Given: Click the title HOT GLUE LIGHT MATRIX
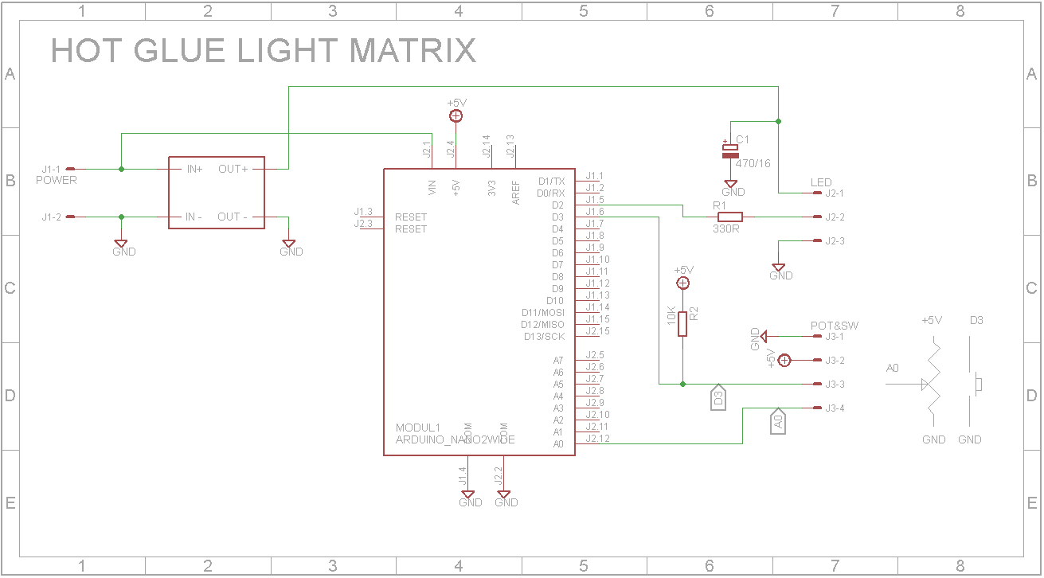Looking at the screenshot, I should click(263, 51).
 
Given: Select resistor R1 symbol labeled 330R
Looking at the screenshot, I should click(730, 217).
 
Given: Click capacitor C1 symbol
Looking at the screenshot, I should click(730, 150).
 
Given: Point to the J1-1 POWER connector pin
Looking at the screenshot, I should click(70, 169).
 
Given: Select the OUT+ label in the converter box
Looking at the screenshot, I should click(233, 169).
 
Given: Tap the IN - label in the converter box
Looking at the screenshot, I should click(194, 217).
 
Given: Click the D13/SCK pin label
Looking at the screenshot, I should click(544, 337).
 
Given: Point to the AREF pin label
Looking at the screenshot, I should click(516, 191).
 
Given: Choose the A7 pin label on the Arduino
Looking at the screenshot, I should click(558, 361).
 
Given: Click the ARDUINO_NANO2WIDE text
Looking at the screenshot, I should click(455, 439).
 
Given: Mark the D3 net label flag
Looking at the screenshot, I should click(718, 398).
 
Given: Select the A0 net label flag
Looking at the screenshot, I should click(778, 423).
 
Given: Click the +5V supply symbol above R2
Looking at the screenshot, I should click(682, 283).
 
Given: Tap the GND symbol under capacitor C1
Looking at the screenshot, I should click(731, 185).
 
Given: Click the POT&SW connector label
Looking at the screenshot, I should click(834, 326).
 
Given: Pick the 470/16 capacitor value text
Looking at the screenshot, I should click(752, 163).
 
